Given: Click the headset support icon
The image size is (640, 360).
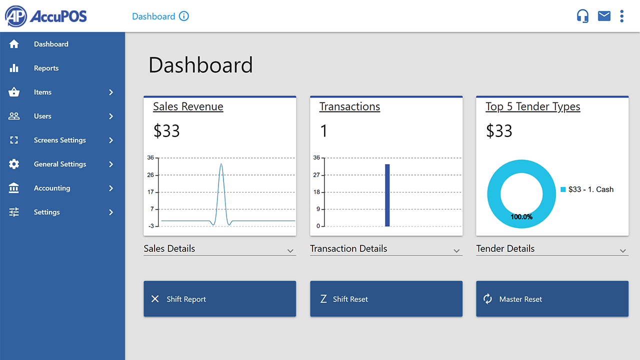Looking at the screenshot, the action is click(582, 16).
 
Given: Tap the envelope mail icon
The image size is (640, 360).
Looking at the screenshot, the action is click(604, 16).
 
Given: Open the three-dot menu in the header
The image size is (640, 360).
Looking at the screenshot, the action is click(621, 16).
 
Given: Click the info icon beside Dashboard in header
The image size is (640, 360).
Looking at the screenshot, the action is click(183, 16).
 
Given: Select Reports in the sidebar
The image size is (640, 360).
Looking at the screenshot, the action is click(46, 68).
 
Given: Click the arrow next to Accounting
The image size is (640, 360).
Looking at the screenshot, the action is click(111, 188).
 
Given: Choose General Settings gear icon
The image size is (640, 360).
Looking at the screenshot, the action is click(13, 164).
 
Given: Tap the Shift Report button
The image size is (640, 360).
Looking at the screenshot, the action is click(219, 299).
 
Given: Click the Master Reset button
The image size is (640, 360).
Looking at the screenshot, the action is click(552, 299).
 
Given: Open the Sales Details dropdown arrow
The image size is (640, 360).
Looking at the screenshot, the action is click(290, 251).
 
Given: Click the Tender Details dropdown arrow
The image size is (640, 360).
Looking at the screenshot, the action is click(623, 251).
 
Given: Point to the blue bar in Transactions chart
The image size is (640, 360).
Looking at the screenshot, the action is click(387, 195).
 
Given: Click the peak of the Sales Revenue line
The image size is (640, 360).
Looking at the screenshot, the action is click(221, 164).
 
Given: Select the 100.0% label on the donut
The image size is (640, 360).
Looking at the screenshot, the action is click(521, 217).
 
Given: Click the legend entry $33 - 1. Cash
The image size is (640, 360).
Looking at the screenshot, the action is click(587, 189).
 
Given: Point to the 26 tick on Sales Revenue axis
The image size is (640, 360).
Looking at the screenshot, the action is click(150, 175).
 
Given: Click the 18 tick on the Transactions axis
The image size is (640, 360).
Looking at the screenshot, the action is click(316, 192).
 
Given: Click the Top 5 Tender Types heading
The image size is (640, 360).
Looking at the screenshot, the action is click(533, 106).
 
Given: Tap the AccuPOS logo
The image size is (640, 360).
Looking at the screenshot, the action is click(45, 16).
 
